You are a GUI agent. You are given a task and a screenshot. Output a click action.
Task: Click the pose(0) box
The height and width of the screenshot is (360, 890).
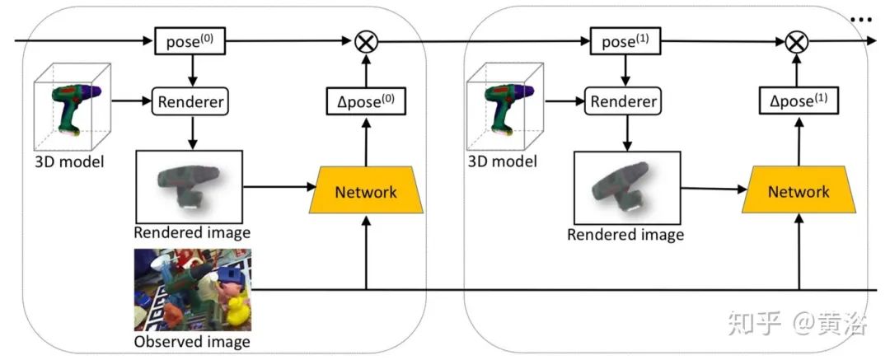tap(190, 40)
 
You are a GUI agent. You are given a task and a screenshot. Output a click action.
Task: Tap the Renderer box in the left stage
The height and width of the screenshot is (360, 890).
tap(190, 102)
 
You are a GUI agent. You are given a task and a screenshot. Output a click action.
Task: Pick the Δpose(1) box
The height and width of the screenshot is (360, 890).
tap(798, 101)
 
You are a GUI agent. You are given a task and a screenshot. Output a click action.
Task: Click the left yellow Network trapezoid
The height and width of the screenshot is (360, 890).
tap(365, 192)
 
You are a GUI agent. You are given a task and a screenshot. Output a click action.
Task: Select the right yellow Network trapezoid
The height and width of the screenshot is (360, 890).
tap(799, 192)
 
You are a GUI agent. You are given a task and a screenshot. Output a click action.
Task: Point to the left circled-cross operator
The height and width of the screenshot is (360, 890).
tap(365, 41)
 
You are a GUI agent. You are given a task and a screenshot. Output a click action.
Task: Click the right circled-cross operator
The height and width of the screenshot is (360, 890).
tap(796, 41)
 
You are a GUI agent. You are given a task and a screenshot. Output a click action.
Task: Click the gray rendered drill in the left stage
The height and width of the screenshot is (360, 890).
tap(189, 185)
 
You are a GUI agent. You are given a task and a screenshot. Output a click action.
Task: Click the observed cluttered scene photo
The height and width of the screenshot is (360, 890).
tap(192, 289)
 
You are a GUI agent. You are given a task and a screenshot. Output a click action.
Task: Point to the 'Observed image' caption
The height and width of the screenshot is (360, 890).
tap(192, 341)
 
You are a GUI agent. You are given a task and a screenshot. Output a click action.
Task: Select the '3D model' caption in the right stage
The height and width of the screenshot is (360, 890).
tap(502, 161)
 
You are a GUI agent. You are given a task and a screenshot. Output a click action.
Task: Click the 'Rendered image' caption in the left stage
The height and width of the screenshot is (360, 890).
tap(192, 232)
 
